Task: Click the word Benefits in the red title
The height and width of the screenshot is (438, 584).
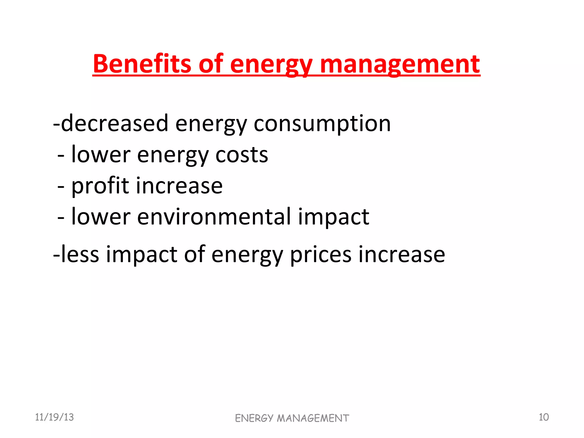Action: tap(142, 64)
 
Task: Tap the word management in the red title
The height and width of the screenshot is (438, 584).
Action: tap(400, 64)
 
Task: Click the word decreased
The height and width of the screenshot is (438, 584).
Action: tap(115, 123)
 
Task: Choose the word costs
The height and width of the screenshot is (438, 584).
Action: tap(242, 155)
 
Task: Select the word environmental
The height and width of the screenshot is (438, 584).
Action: tap(214, 217)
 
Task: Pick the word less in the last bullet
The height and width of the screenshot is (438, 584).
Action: tap(80, 254)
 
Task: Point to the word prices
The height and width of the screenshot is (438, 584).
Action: tap(321, 255)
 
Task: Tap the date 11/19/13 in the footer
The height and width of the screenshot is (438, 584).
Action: tap(54, 417)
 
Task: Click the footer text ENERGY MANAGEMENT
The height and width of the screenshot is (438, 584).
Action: tap(292, 418)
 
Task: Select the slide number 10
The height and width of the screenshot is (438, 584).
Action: tap(544, 417)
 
